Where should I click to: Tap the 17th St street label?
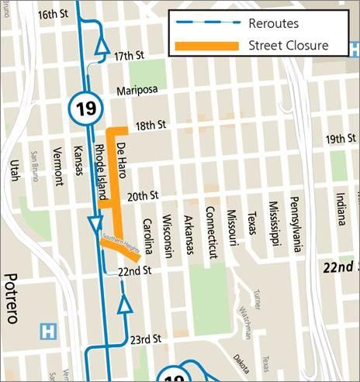[130, 57]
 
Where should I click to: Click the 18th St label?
[151, 124]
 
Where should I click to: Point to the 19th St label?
[341, 139]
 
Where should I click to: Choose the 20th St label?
[143, 195]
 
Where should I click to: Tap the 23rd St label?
[144, 339]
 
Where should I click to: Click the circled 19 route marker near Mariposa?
[85, 108]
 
